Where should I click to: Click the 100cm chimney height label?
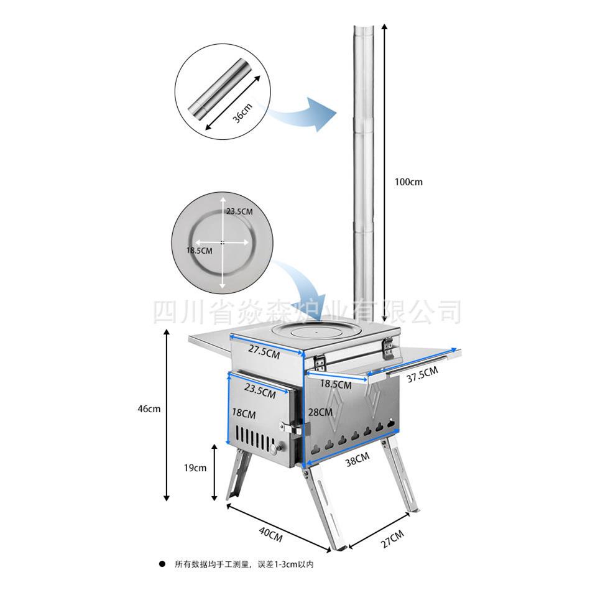click(x=408, y=182)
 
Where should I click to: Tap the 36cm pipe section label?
click(x=243, y=113)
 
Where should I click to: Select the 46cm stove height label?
click(x=149, y=409)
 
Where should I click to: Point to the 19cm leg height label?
click(x=195, y=468)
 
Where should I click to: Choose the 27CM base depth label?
click(x=392, y=539)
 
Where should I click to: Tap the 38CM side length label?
click(x=357, y=459)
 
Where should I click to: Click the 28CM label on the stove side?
click(x=320, y=412)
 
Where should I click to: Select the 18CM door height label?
click(x=244, y=413)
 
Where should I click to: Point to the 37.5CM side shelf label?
click(x=422, y=374)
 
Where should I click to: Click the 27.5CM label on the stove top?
click(x=264, y=351)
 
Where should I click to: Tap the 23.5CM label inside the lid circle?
click(x=239, y=211)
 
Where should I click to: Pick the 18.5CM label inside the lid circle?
click(x=200, y=251)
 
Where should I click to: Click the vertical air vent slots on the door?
click(x=254, y=438)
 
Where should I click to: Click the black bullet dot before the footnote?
click(x=162, y=564)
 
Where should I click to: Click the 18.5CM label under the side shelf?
click(x=336, y=384)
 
